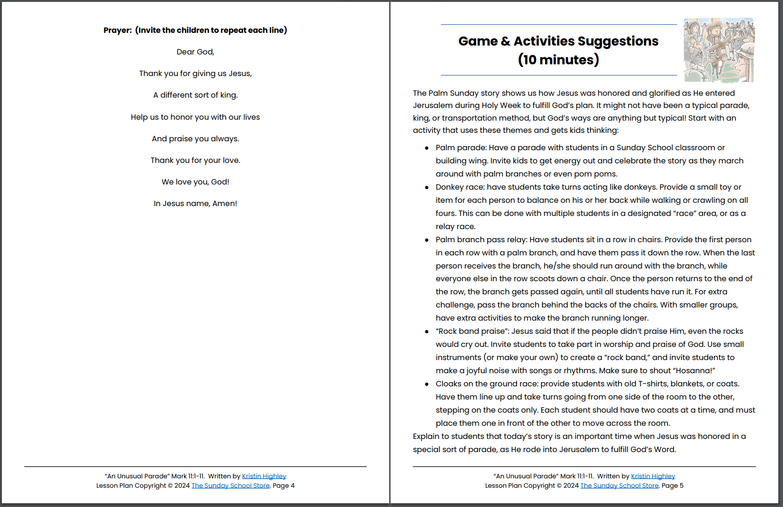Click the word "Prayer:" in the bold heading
tap(117, 31)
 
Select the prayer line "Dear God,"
tap(195, 52)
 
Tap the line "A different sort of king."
tap(195, 95)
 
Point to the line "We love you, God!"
tap(195, 182)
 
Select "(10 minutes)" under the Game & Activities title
tap(558, 60)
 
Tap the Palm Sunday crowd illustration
tap(718, 50)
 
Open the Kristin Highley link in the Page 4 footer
tap(264, 476)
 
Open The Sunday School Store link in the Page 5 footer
tap(619, 486)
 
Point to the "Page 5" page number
tap(672, 486)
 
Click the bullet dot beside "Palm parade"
tap(427, 148)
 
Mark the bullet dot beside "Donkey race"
tap(427, 188)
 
